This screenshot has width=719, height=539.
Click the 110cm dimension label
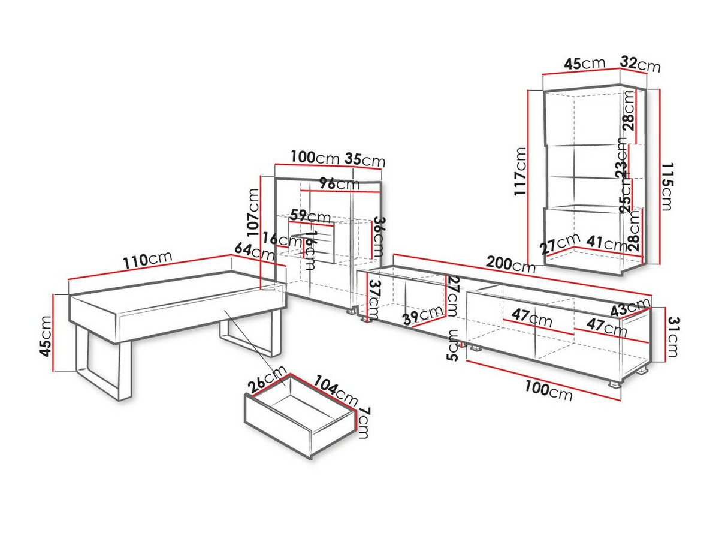[x=147, y=259]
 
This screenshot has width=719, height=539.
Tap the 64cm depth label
[x=255, y=252]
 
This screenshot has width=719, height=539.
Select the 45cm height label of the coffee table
[x=45, y=336]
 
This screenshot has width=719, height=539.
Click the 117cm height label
[x=520, y=171]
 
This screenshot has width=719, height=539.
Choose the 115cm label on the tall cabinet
[x=667, y=186]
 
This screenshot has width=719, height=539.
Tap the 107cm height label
[x=253, y=213]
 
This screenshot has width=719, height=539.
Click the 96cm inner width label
[x=339, y=184]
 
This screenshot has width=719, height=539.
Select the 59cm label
[x=310, y=216]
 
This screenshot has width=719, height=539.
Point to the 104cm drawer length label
[x=336, y=390]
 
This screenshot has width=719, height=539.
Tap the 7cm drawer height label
[x=364, y=423]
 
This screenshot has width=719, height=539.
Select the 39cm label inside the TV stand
[x=423, y=315]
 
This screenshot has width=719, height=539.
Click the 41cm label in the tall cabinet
[x=606, y=243]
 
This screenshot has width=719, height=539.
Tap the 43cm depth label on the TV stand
[x=630, y=308]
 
